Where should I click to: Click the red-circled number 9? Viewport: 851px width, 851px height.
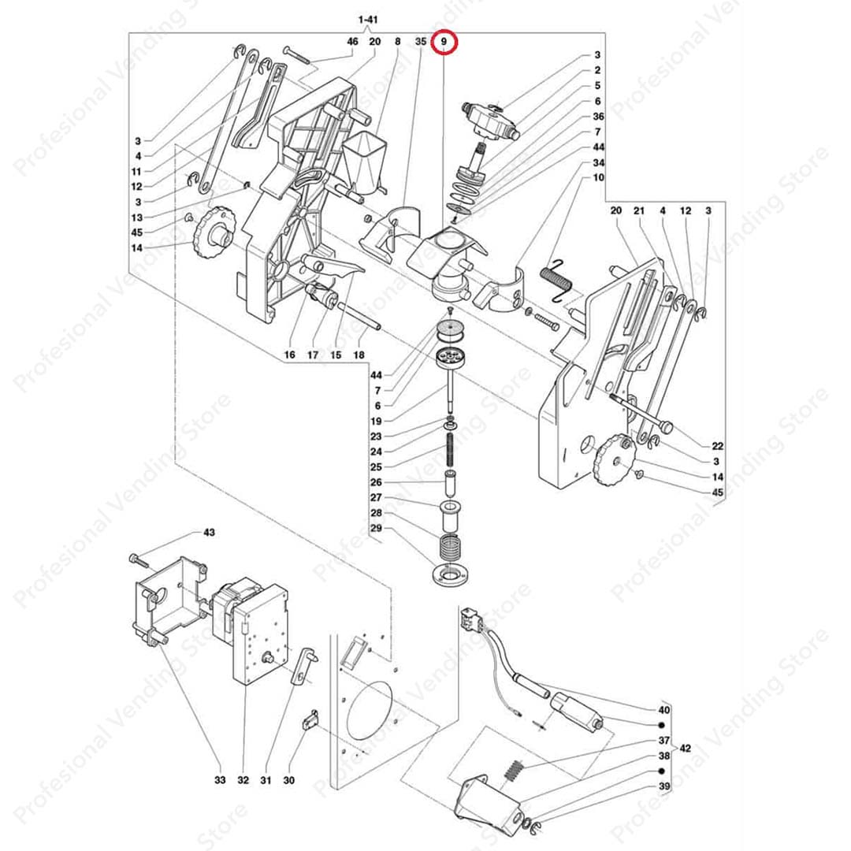point(444,41)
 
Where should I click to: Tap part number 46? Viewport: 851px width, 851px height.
point(352,41)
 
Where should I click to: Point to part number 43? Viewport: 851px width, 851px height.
point(209,533)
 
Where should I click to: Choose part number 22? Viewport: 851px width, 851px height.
point(717,446)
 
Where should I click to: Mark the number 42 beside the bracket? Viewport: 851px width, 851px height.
point(686,748)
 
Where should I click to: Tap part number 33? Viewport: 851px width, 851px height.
point(220,780)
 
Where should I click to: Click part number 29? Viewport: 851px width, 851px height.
point(376,527)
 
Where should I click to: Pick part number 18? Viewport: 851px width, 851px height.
point(360,355)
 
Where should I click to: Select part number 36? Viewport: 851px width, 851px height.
point(598,117)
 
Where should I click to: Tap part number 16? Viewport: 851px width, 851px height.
point(289,355)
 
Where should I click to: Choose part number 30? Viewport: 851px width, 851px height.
point(289,780)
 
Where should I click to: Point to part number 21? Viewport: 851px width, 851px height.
point(639,210)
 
